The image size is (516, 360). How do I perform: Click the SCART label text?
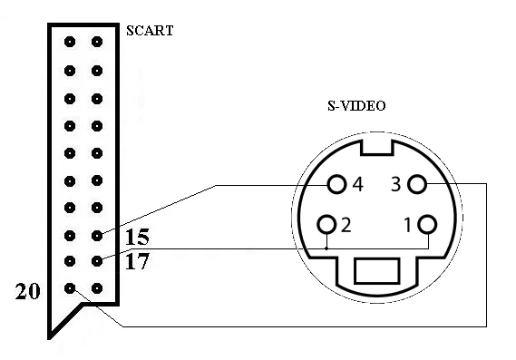(150, 31)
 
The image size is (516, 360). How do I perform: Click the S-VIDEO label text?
(356, 106)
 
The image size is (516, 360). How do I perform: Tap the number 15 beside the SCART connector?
(137, 237)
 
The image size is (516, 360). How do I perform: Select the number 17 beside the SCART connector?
(137, 261)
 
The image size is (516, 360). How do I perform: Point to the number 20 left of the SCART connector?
(27, 291)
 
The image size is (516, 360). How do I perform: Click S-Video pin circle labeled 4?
(337, 184)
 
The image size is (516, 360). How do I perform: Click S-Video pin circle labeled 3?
(417, 184)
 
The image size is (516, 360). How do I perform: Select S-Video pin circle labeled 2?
(326, 224)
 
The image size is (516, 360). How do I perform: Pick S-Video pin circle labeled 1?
(427, 224)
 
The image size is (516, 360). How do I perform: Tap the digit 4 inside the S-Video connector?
(357, 185)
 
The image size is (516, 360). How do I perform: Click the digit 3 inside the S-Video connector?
(396, 184)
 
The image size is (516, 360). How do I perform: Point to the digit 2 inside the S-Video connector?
(346, 225)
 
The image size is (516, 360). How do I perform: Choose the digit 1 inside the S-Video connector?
(408, 225)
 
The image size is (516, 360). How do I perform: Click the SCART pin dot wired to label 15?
(97, 235)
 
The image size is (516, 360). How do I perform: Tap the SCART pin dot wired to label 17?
(97, 261)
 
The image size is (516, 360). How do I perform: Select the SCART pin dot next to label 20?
(70, 288)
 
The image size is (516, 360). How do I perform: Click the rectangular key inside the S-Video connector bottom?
(377, 271)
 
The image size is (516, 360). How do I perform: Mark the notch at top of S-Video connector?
(377, 147)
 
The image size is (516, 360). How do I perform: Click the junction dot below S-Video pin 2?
(326, 248)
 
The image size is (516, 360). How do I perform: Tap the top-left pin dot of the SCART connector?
(70, 42)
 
